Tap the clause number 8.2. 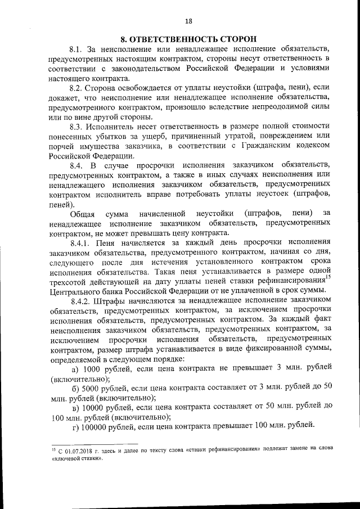pyautogui.click(x=77, y=88)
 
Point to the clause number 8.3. pyautogui.click(x=77, y=128)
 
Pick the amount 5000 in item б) pyautogui.click(x=91, y=389)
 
